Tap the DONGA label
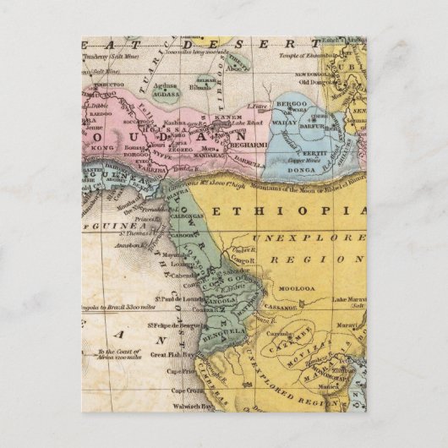click(x=297, y=167)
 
